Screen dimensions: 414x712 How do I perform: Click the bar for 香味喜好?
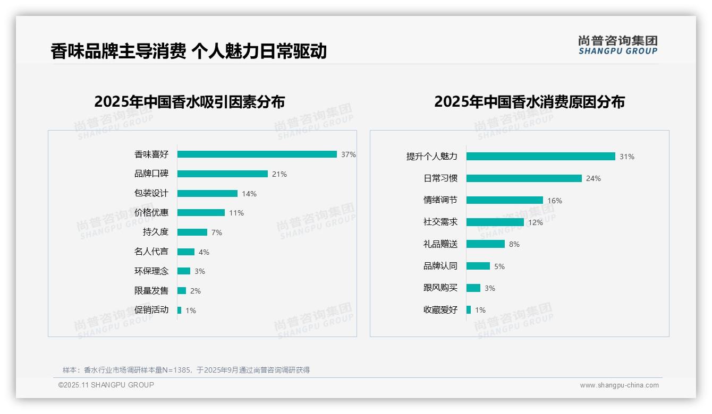tap(257, 154)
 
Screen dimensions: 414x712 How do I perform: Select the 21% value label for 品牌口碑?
tap(279, 174)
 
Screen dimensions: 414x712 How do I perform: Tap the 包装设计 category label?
tap(151, 193)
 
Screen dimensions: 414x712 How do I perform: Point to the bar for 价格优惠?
tap(201, 213)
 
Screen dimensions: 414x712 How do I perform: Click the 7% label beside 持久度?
tap(216, 232)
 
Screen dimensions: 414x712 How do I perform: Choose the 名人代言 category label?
tap(151, 252)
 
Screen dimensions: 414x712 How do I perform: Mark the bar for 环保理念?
tap(184, 271)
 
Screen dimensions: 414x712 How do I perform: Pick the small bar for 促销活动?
tap(179, 310)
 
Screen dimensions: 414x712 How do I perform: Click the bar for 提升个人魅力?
tap(541, 157)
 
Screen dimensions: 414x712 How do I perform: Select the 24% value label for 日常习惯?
tap(594, 178)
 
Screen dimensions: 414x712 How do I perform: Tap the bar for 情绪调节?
tap(505, 200)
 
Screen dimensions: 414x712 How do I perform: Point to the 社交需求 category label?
tap(440, 222)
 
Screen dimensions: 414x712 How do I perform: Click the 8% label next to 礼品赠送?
tap(514, 244)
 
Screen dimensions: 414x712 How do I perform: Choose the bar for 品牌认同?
tap(478, 266)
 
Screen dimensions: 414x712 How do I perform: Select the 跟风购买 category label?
tap(440, 288)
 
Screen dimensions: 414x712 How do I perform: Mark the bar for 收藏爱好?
tap(469, 309)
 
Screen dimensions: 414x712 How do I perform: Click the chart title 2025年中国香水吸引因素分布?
tap(190, 101)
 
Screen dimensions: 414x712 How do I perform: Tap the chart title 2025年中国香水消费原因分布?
tap(529, 101)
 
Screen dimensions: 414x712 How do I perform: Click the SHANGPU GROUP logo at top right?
tap(618, 45)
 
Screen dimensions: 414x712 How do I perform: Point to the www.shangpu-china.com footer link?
tap(619, 385)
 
